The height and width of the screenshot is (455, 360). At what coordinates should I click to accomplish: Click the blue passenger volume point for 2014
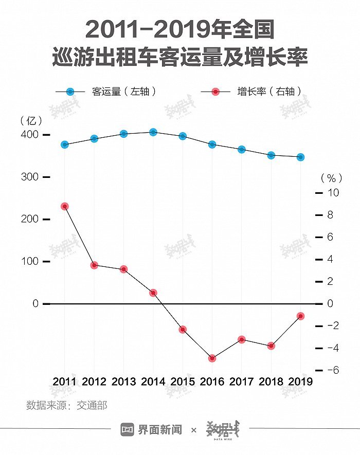153,132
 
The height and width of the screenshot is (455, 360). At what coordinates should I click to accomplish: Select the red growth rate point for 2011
65,206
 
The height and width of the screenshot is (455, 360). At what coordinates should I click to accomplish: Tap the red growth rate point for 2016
212,358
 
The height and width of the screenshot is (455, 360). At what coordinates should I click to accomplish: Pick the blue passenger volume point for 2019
300,157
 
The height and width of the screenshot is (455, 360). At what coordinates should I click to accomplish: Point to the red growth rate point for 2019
300,316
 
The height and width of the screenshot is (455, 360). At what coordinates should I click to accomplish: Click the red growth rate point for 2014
153,293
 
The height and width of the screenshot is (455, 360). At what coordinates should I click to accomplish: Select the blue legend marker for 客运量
70,92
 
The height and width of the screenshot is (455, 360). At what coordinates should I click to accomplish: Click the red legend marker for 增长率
215,92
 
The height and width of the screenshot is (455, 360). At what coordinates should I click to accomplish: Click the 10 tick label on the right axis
333,192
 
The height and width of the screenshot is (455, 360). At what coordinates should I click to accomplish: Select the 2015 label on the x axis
183,381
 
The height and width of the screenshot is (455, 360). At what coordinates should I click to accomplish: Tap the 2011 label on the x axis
65,381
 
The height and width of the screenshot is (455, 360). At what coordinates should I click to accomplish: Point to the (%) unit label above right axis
331,178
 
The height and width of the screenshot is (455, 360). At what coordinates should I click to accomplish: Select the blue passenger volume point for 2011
65,144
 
